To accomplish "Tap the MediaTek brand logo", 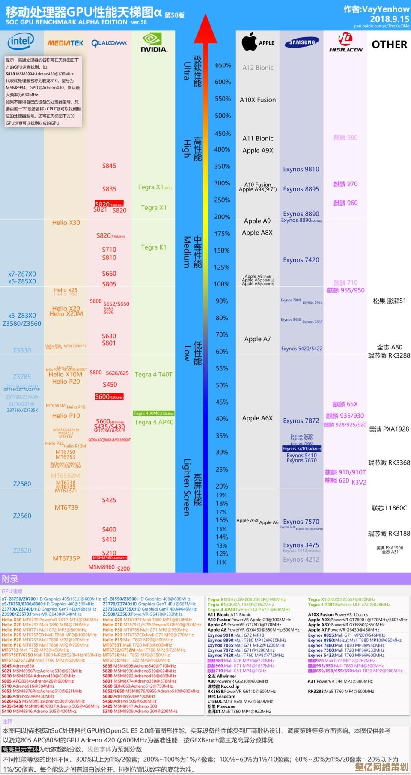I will click(x=66, y=43).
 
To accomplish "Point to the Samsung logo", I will click(x=302, y=42).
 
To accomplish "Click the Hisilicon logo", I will click(x=345, y=43).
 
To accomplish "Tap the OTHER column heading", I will click(x=389, y=45).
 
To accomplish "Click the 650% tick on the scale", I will click(x=223, y=65).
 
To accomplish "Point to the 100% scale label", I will click(x=222, y=284).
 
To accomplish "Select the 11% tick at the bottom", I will click(x=221, y=562).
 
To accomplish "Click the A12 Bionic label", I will click(x=258, y=68).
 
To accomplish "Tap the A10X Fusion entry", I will click(x=258, y=100).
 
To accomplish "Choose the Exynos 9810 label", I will click(x=301, y=169).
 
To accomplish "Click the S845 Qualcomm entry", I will click(x=109, y=166).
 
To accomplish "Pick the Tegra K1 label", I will click(x=154, y=247).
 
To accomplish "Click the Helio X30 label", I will click(x=66, y=223).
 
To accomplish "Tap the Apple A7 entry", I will click(x=258, y=339).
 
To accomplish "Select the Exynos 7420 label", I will click(x=301, y=260).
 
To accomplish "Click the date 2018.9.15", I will click(x=390, y=19).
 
